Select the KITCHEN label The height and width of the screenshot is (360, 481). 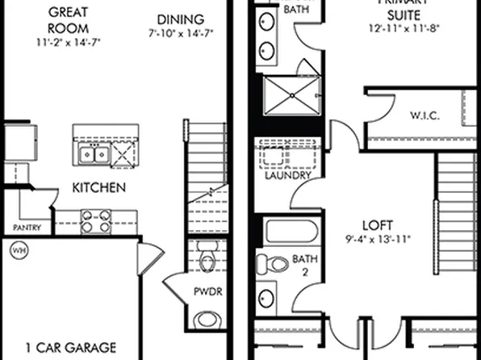(98, 188)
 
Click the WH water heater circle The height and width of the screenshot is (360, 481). (18, 251)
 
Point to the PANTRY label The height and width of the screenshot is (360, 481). (27, 227)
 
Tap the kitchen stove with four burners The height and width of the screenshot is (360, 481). (94, 221)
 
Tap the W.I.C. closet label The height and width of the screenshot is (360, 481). (424, 115)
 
